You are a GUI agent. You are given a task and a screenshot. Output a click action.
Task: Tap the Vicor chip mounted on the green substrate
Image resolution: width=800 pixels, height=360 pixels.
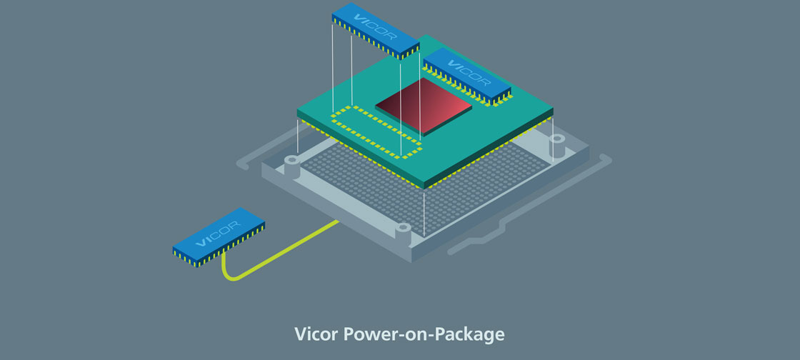[468, 71]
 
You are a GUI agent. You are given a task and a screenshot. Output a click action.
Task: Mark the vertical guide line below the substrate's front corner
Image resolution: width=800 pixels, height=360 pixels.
[424, 211]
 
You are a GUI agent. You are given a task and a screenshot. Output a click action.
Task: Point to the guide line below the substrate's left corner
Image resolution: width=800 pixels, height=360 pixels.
[298, 139]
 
